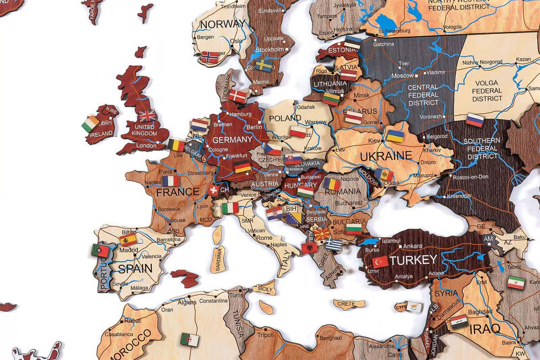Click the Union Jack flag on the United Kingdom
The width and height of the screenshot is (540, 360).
tap(147, 115)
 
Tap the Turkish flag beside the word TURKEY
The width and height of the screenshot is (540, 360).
tap(380, 262)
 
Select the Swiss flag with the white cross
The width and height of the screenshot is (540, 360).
tap(214, 190)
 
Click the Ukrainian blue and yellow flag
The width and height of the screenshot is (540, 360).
tap(395, 136)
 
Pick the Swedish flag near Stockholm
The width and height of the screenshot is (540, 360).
tap(264, 66)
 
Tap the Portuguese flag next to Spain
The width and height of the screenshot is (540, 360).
tap(100, 251)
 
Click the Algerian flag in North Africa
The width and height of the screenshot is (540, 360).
tap(190, 339)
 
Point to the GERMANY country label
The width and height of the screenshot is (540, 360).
tap(232, 140)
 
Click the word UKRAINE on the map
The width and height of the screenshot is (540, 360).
tap(386, 156)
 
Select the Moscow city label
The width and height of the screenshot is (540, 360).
tap(402, 76)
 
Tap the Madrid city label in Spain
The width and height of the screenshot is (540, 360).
tap(129, 250)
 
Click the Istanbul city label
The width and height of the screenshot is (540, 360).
tap(391, 241)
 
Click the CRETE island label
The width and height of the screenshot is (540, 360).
tap(346, 304)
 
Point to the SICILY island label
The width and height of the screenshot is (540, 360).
tap(265, 289)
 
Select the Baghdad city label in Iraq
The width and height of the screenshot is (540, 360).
tap(480, 312)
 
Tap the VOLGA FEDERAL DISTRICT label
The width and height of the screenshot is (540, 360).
tap(487, 91)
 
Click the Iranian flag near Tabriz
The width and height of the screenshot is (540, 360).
tap(516, 283)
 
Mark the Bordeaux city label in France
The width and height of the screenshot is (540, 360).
tap(169, 209)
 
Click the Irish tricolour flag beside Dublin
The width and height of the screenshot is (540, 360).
tap(90, 124)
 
